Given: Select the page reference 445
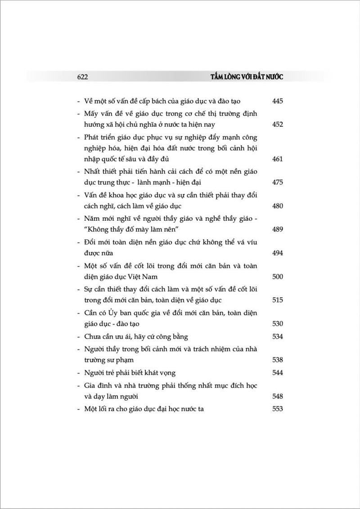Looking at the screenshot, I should tap(277, 102).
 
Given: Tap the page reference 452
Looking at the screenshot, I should tap(277, 125).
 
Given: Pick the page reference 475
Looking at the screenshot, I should tap(277, 182).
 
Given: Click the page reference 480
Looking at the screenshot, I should tap(277, 205).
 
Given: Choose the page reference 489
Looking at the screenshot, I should tap(277, 229).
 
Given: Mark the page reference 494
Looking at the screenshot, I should tap(277, 253).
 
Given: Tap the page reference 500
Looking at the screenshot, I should tap(277, 276).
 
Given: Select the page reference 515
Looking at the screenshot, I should tap(277, 299).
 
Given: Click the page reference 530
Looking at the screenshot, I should tap(277, 323).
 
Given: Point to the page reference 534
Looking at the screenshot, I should tap(277, 336).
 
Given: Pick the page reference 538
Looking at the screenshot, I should tap(277, 360).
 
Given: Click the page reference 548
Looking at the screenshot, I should tap(277, 397).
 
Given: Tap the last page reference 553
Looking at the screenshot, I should tap(277, 409).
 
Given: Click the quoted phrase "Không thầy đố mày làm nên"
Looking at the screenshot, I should tap(129, 229).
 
